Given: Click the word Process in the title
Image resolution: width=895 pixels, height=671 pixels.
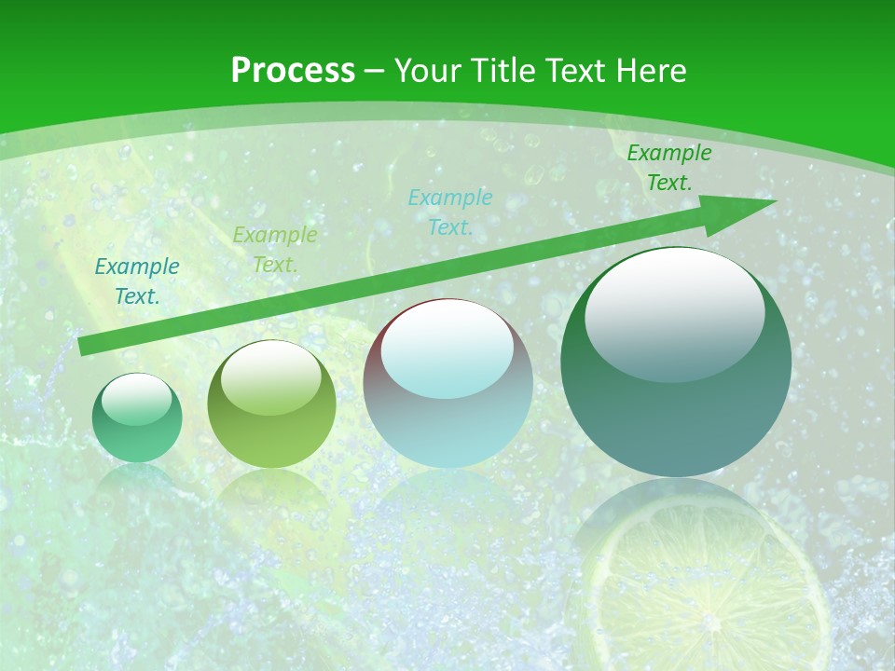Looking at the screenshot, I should pyautogui.click(x=293, y=71).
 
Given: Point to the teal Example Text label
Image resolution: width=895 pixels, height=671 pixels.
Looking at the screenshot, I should pyautogui.click(x=137, y=281).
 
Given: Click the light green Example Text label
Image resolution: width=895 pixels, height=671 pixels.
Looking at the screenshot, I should pyautogui.click(x=274, y=250).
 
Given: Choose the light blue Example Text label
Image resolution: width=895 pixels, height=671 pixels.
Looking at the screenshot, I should pyautogui.click(x=450, y=212).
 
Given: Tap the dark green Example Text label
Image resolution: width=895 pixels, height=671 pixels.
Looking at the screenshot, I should pyautogui.click(x=668, y=168).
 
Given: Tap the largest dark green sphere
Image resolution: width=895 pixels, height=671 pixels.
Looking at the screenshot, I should pyautogui.click(x=676, y=410).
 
